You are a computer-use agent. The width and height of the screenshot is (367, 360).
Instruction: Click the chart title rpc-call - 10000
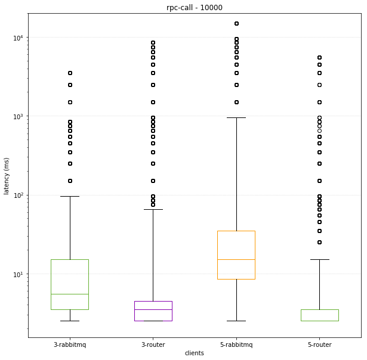(x=194, y=7)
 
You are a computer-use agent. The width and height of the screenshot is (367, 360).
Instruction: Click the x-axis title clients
(x=194, y=353)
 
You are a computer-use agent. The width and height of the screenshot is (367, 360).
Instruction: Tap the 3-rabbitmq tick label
(x=70, y=345)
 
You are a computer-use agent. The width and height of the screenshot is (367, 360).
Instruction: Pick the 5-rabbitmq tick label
(x=236, y=345)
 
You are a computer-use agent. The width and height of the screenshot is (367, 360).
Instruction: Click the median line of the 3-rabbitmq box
(x=70, y=294)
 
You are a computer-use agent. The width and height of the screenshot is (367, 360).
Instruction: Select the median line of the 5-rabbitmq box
(x=236, y=259)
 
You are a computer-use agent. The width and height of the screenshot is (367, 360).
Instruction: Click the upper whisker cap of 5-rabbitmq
(x=236, y=117)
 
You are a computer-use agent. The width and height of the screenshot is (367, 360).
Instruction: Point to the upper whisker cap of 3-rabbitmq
(x=70, y=196)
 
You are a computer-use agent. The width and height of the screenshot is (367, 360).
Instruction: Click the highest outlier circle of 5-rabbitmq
(x=236, y=24)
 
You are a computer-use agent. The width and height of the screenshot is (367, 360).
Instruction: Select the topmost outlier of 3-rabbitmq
(x=70, y=73)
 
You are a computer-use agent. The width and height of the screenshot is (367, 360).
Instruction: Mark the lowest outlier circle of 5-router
(x=319, y=242)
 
